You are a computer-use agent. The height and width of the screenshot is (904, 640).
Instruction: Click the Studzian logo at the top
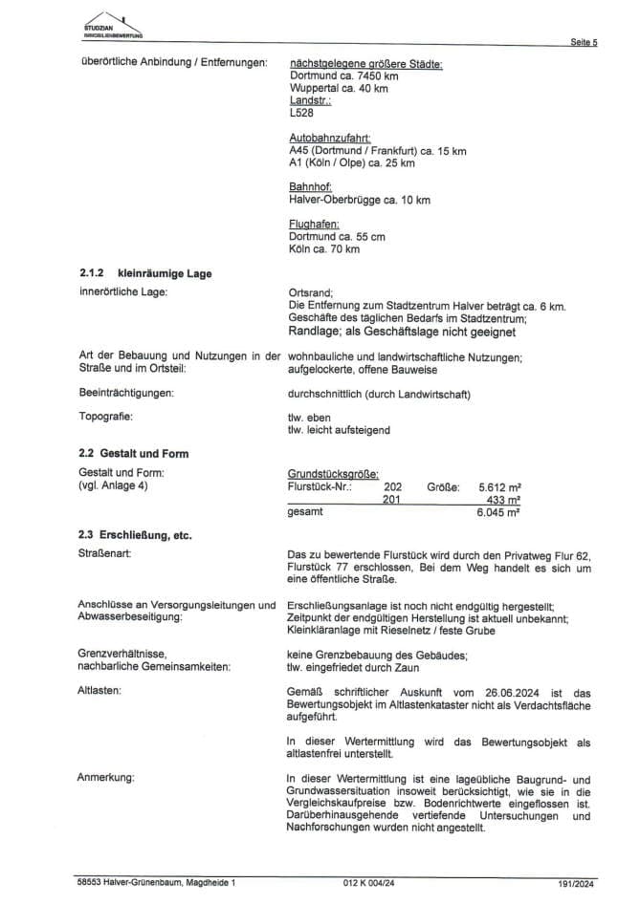(113, 26)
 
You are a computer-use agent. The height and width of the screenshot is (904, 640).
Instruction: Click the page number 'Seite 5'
(584, 43)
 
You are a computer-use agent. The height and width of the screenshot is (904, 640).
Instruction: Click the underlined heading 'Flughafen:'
(314, 225)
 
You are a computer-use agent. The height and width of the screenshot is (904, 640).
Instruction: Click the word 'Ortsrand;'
(310, 292)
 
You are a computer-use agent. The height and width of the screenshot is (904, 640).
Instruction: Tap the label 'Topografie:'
(107, 417)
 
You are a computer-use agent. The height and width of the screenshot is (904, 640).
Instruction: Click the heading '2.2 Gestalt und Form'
(133, 454)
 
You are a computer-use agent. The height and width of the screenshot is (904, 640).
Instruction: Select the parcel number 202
(392, 486)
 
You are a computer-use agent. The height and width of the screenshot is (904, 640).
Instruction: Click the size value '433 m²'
(503, 500)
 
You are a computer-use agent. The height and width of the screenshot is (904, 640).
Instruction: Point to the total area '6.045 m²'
(498, 513)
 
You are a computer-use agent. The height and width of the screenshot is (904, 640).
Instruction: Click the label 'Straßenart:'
(104, 553)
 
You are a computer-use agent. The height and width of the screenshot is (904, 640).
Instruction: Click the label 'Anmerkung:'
(106, 777)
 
